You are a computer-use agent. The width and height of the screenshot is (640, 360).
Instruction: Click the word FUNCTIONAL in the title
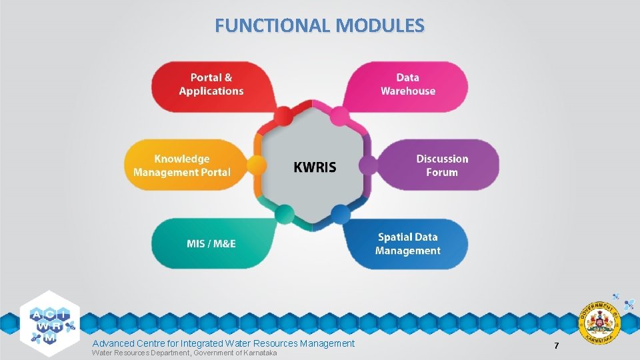point(273,25)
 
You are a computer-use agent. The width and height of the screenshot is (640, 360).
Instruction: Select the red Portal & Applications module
point(211,85)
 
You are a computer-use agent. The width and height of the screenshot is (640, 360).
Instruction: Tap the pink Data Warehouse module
point(408,85)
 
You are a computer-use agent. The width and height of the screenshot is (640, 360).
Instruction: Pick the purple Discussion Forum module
point(442,165)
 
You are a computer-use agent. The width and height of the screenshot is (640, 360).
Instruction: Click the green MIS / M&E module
point(211,243)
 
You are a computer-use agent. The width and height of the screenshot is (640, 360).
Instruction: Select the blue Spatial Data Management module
point(407,244)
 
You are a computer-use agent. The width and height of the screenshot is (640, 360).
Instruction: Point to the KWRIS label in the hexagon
point(315,167)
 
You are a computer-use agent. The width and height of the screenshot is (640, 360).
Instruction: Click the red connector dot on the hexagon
point(285,116)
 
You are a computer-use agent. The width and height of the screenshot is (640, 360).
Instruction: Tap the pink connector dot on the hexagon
point(340,116)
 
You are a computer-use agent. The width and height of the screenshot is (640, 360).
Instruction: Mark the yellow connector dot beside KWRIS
point(256,165)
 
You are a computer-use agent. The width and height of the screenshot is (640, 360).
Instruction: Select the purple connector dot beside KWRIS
point(368,165)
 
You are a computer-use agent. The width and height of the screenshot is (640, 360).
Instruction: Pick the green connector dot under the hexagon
point(285,214)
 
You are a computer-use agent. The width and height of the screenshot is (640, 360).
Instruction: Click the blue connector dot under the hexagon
point(340,214)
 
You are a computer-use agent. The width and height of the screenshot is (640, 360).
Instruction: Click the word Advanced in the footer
point(112,343)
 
